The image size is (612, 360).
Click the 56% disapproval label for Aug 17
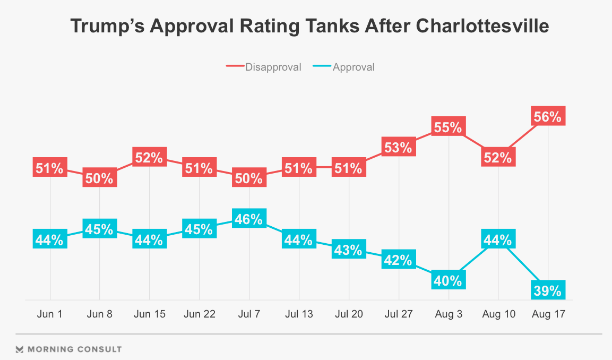(x=548, y=116)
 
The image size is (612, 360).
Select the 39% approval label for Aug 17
(x=548, y=290)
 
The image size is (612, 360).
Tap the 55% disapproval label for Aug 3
(x=449, y=127)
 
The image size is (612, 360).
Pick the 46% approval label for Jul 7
(x=249, y=219)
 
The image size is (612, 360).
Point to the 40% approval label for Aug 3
(x=449, y=280)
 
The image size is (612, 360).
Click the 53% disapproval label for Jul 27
(x=399, y=147)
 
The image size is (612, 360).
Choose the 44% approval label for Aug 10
(x=498, y=239)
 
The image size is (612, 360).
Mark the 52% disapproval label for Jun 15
(x=149, y=158)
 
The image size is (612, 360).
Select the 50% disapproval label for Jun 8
(x=100, y=178)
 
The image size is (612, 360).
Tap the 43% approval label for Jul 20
(x=349, y=249)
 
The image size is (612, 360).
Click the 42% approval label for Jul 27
(x=399, y=260)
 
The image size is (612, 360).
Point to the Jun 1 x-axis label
(x=50, y=314)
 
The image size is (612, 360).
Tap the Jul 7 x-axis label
(x=249, y=314)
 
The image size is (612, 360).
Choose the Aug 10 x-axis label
(x=498, y=314)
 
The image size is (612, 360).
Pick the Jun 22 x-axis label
(x=199, y=314)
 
